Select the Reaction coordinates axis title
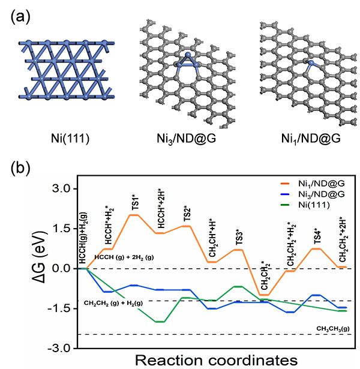coord(216,359)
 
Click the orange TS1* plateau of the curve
coord(134,215)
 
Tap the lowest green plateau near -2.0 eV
coord(159,322)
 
